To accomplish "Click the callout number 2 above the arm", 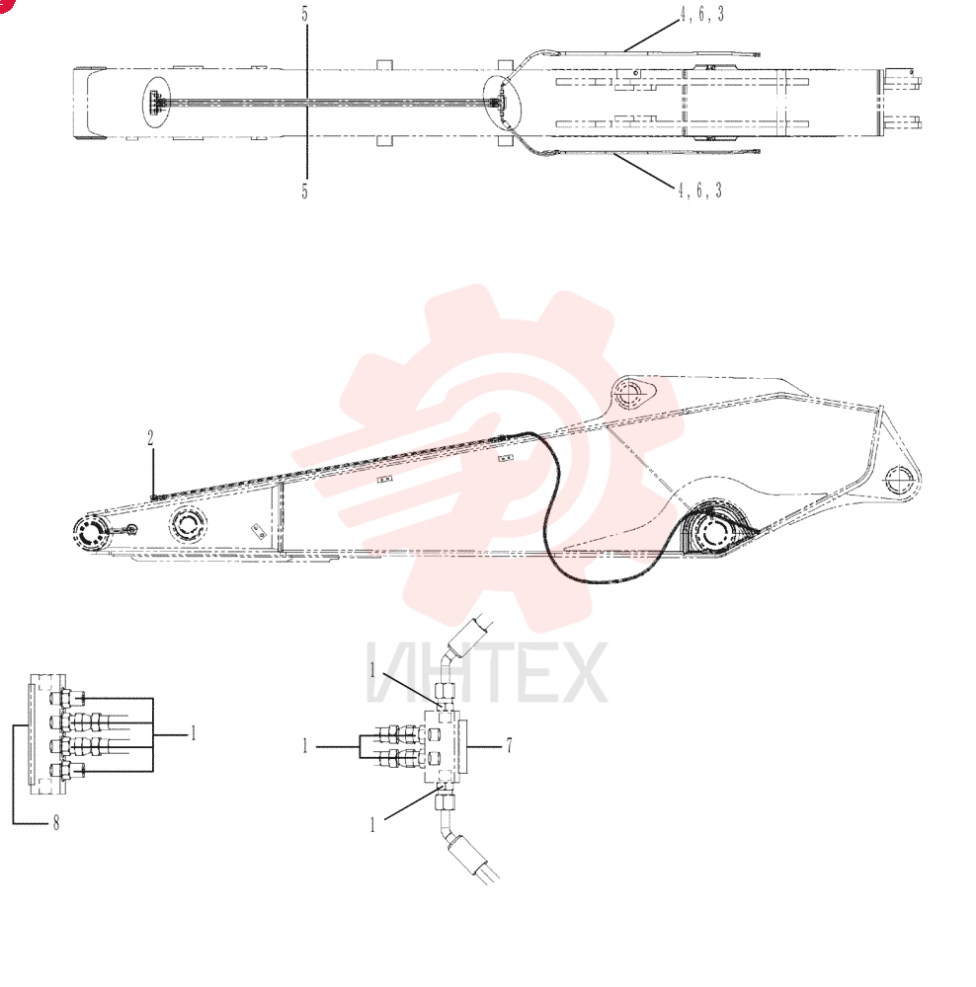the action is [150, 438].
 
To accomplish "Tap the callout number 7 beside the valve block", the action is [509, 745].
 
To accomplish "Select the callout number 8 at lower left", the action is [56, 823].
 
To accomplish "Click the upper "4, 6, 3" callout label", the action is [702, 14].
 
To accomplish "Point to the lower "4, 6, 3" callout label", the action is [699, 190].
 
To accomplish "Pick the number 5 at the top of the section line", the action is [305, 14].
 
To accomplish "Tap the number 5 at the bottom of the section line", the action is [305, 190].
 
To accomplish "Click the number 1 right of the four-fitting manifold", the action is [194, 733].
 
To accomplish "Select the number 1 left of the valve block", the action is [305, 746].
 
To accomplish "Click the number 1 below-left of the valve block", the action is [372, 824].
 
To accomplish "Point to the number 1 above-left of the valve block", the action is [372, 671].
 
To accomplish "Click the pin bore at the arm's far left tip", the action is [91, 535].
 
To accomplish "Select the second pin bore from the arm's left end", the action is [188, 526].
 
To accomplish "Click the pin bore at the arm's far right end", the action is [899, 482].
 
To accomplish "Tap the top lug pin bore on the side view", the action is [630, 394].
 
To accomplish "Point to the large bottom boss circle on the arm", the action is [713, 534].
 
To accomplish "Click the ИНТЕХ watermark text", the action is [486, 672].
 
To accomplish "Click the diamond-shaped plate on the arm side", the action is [258, 531].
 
